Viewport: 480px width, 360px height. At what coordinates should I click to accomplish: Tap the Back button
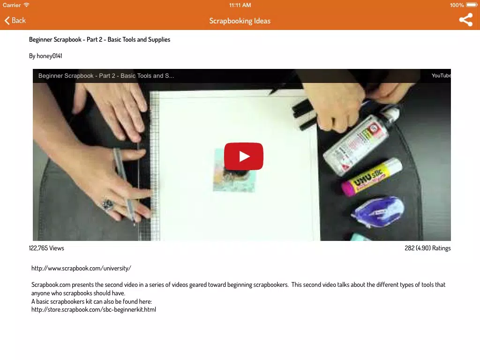pos(15,21)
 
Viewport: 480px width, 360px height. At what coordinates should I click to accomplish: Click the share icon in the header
pos(465,20)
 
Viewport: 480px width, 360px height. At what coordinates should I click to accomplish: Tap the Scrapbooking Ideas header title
pos(240,21)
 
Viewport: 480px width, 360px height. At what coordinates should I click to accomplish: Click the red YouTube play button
pos(244,156)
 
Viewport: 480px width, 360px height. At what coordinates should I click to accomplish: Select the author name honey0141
pos(49,56)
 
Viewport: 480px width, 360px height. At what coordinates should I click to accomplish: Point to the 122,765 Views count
pos(46,248)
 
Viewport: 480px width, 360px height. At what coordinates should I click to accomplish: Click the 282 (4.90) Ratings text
pos(427,248)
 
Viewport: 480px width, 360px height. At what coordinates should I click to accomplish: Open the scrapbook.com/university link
pos(81,269)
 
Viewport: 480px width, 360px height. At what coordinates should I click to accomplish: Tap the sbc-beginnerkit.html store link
pos(94,309)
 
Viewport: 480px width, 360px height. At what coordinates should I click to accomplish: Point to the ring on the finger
pos(108,204)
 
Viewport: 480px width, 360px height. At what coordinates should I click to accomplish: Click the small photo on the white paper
pos(234,170)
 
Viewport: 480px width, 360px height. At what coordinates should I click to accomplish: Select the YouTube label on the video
pos(441,75)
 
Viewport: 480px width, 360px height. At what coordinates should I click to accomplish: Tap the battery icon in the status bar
pos(472,5)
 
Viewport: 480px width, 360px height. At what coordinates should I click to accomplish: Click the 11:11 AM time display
pos(240,5)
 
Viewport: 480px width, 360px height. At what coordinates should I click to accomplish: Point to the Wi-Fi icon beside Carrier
pos(27,5)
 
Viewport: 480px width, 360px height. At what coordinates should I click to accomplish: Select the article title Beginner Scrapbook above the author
pos(99,39)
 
